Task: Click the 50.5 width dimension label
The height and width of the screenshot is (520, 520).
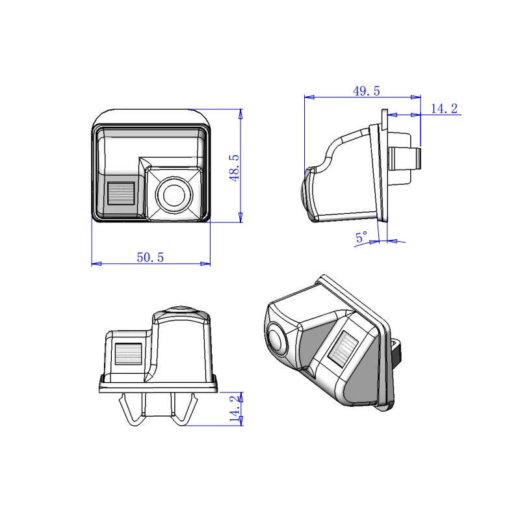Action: click(x=150, y=257)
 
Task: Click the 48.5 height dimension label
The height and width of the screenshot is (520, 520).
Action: click(x=235, y=168)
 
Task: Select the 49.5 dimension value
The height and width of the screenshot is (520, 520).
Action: click(x=366, y=91)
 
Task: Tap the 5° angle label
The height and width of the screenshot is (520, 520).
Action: click(x=361, y=237)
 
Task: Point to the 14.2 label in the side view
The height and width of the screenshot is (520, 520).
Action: click(x=444, y=109)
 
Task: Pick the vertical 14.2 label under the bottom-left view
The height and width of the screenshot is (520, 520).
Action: click(x=235, y=408)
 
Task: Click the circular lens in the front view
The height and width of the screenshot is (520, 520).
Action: click(x=174, y=194)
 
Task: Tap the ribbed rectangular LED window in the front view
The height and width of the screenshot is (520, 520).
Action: click(x=121, y=193)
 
